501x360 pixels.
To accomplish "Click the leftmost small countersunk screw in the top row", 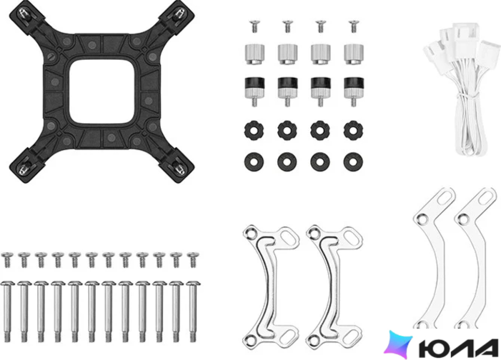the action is point(255,26).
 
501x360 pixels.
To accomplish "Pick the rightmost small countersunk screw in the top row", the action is point(353,26).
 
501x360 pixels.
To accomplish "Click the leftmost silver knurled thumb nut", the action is point(255,54).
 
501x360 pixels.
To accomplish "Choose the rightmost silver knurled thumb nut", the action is point(354,54).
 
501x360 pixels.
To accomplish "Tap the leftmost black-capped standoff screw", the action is point(255,91).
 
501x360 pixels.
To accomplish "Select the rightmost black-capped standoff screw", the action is point(354,91).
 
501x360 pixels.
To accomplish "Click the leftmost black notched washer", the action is point(254,130).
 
